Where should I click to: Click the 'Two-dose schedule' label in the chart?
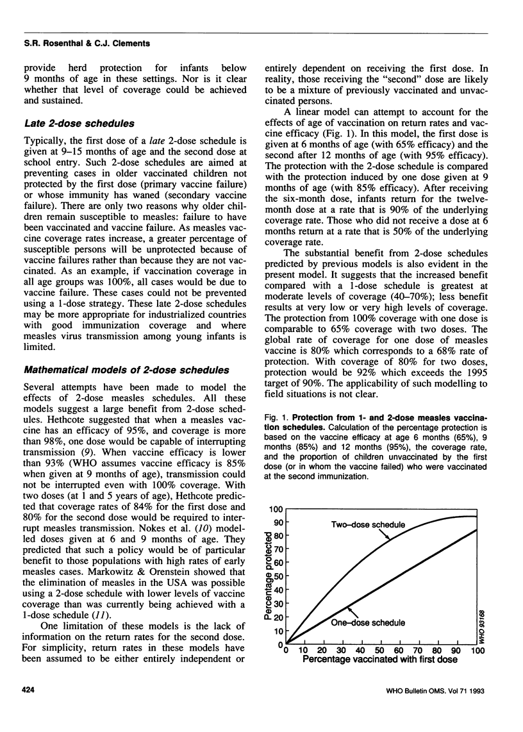coord(369,525)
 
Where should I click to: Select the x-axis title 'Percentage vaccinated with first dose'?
coord(379,658)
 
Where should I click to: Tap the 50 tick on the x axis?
coord(381,649)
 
